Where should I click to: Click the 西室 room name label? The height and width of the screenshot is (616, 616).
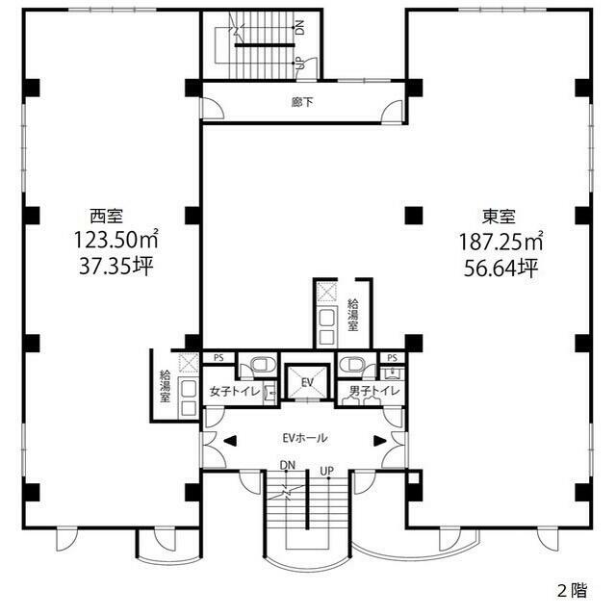point(107,216)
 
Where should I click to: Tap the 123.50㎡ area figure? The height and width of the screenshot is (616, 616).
point(116,240)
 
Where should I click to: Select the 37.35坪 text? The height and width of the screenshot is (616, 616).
point(115,267)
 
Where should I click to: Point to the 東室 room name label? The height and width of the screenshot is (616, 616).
point(499,217)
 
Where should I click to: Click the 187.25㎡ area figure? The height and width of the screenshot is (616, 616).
point(501,242)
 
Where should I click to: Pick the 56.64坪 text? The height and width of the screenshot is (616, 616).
point(500,269)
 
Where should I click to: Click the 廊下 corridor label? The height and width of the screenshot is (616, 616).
point(303,102)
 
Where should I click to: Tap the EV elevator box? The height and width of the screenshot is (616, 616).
point(307,382)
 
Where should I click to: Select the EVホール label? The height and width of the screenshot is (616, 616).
point(305,438)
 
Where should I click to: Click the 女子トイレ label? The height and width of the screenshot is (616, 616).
point(235,392)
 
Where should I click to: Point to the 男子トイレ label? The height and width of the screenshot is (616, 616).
point(374,391)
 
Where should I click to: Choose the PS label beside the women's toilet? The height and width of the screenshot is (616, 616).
point(218,358)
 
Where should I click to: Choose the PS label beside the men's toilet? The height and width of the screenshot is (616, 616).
point(392,358)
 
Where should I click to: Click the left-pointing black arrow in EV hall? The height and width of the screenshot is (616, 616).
point(230,441)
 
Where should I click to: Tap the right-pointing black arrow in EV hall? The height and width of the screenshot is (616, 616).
point(380,441)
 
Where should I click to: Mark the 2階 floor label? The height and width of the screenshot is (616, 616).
point(573,590)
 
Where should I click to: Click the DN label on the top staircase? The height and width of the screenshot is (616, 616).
point(299,28)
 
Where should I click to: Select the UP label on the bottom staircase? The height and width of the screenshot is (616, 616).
point(327,471)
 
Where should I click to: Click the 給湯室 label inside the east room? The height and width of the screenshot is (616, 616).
point(353,315)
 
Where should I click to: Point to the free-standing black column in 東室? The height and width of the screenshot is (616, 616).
point(414,216)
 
